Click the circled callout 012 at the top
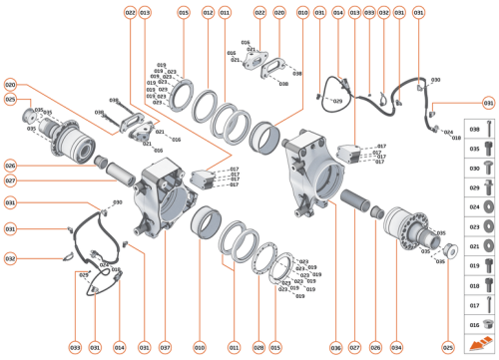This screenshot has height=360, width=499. click(x=208, y=13)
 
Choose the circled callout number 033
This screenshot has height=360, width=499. click(x=368, y=13)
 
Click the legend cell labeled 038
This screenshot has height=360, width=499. click(x=475, y=130)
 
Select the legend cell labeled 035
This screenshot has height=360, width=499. click(x=475, y=149)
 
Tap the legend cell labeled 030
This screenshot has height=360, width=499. click(x=475, y=168)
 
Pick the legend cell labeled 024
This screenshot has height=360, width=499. click(x=475, y=206)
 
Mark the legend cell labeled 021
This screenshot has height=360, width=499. click(x=475, y=244)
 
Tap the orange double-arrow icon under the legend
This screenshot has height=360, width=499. click(x=475, y=344)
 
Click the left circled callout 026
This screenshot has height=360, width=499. click(x=10, y=166)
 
